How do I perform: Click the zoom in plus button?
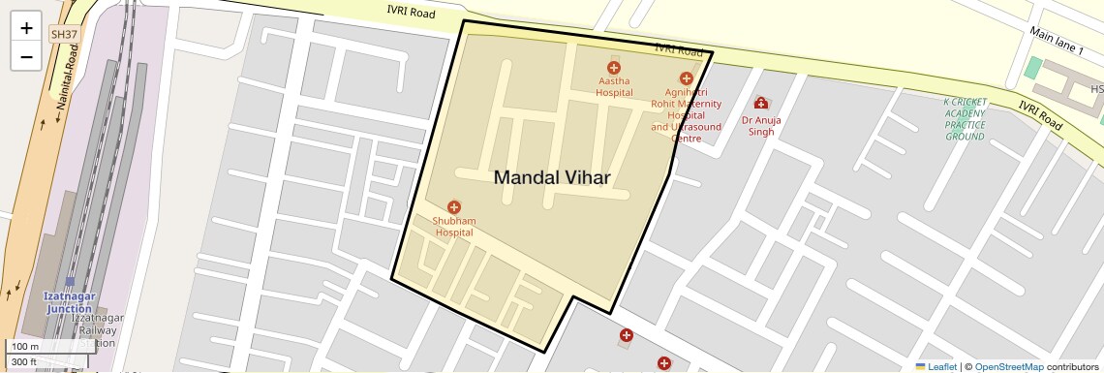[26, 28]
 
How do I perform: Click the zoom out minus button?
[26, 57]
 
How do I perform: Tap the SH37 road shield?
[64, 34]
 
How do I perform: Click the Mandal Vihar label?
[552, 177]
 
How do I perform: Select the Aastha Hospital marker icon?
[614, 68]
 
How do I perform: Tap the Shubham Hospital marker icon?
[453, 207]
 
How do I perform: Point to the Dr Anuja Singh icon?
[760, 103]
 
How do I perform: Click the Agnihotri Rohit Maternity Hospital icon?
[687, 78]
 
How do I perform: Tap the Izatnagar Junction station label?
[69, 302]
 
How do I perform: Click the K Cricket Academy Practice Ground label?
[965, 119]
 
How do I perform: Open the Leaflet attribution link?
[935, 366]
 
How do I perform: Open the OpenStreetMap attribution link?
[1008, 366]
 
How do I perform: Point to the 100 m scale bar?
[46, 347]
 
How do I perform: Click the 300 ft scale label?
[24, 361]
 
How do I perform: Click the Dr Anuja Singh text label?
[760, 126]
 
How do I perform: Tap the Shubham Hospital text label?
[453, 227]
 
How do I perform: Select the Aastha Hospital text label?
[614, 87]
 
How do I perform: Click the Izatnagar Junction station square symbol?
[70, 282]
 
